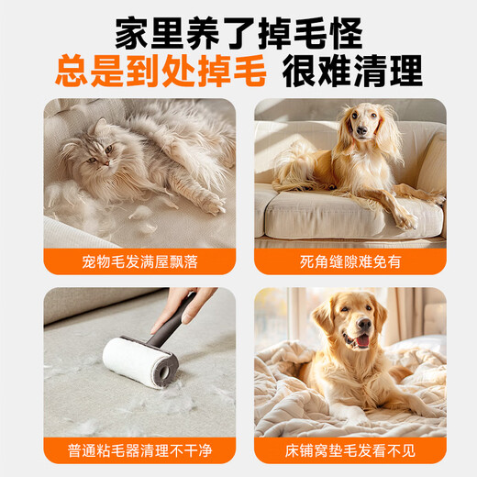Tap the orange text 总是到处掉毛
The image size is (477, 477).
point(161,70)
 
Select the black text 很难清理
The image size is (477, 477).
point(352,70)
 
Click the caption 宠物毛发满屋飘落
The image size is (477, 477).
point(139,262)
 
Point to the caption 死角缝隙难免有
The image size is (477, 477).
point(349,262)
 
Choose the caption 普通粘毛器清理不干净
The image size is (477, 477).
point(139,452)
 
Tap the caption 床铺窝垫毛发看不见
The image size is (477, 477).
point(349,452)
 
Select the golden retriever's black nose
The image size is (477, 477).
point(360,328)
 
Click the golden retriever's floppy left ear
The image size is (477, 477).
point(323,320)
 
